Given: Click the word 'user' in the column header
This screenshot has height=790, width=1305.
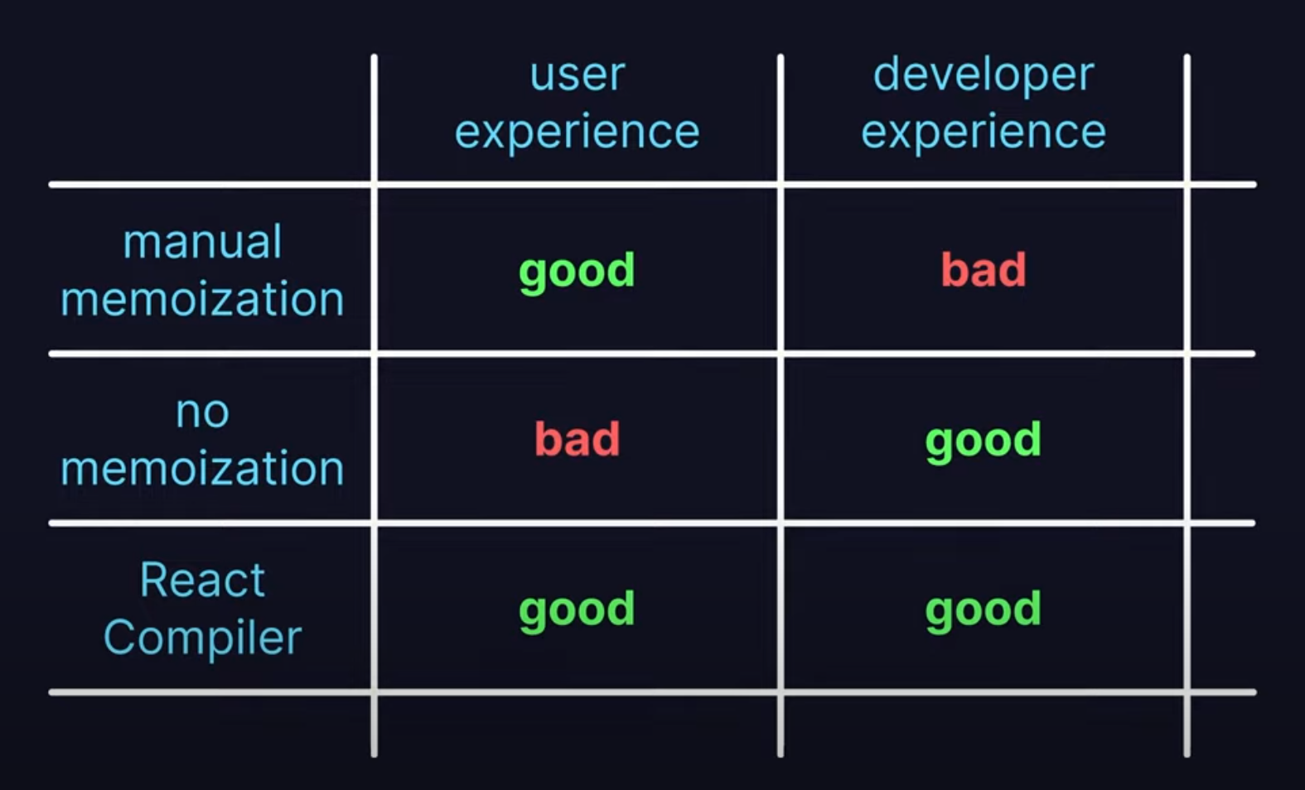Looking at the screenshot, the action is coord(578,75).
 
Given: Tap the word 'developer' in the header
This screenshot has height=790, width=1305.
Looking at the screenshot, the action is coord(984,75).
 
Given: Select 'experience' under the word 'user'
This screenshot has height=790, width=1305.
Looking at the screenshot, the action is coord(578,132).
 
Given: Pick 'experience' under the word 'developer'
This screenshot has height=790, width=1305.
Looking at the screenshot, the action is coord(984,132).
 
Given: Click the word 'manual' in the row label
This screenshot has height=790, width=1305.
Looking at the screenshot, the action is coord(202,242).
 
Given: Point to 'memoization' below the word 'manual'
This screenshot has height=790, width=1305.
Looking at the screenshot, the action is coord(202,299).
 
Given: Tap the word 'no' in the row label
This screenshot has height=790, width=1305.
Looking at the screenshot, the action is coord(202,412).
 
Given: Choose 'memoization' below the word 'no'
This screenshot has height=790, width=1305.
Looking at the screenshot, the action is coord(202,469).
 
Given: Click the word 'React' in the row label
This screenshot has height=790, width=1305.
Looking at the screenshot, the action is coord(202,580).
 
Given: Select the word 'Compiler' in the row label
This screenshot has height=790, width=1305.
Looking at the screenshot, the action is coord(202,638).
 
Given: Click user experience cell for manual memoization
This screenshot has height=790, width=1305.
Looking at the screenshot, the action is coord(577,272).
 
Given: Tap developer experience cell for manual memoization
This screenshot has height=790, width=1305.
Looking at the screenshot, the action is coord(984,269).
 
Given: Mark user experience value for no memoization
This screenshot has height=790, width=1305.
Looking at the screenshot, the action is coord(578,439).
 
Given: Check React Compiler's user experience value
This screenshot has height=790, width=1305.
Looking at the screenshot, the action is coord(577,610).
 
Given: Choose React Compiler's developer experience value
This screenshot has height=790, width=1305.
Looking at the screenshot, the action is coord(984,610).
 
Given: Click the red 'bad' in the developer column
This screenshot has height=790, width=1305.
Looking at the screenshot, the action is coord(984,269).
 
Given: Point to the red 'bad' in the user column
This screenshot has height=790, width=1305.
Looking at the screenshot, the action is coord(578,439).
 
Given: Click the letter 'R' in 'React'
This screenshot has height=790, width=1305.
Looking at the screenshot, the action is coord(154,580).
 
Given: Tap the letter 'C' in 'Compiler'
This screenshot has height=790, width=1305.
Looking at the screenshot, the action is coord(121,637).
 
